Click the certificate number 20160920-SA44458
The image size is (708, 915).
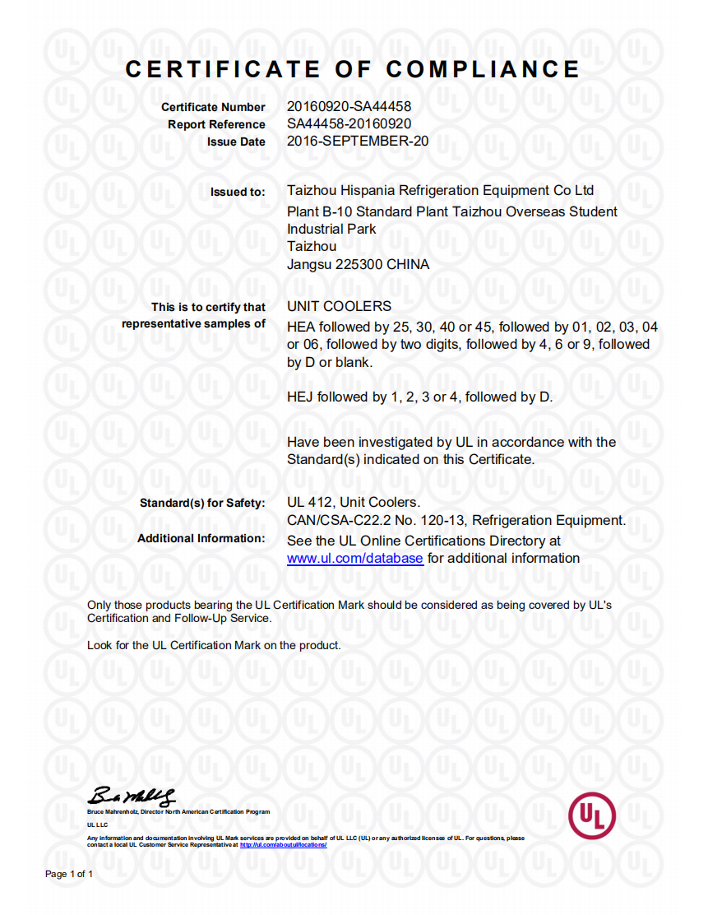click(x=349, y=106)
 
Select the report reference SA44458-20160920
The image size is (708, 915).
click(x=349, y=123)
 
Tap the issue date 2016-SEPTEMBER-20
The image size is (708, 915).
click(x=357, y=141)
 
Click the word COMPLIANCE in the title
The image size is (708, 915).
click(x=483, y=69)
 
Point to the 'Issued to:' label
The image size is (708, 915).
click(x=238, y=192)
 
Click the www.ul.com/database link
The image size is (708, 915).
click(x=354, y=559)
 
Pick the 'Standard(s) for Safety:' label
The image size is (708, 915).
click(x=202, y=503)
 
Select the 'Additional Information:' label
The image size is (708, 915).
click(x=201, y=539)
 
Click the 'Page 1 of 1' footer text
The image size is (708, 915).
click(x=69, y=874)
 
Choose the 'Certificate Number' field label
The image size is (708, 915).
click(x=213, y=107)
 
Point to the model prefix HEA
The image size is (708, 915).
click(x=301, y=327)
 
